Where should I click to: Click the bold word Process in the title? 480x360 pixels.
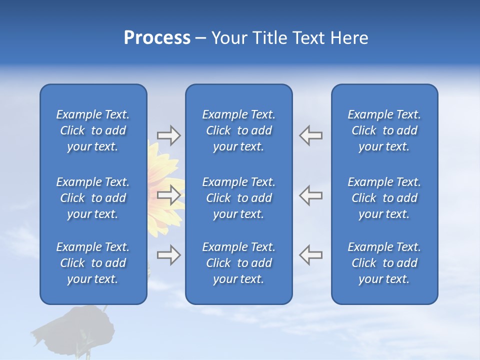coord(157,38)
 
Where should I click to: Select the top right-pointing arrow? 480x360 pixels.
coord(168,135)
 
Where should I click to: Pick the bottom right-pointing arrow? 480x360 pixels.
coord(168,254)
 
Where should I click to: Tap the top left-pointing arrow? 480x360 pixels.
coord(310,135)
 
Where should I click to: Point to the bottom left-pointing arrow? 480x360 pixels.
coord(310,254)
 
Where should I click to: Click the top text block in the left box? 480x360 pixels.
coord(93,130)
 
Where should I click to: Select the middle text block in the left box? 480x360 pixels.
coord(93,198)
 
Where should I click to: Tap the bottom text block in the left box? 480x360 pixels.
coord(93,263)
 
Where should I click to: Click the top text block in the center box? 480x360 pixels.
coord(238,130)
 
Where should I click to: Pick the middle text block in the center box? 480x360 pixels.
coord(238,198)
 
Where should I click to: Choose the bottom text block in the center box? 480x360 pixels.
coord(238,263)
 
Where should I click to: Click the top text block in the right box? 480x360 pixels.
coord(384,130)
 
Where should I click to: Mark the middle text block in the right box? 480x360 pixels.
coord(384,198)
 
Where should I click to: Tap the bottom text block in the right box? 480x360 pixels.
coord(384,263)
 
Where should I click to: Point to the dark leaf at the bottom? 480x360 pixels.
coord(75,325)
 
